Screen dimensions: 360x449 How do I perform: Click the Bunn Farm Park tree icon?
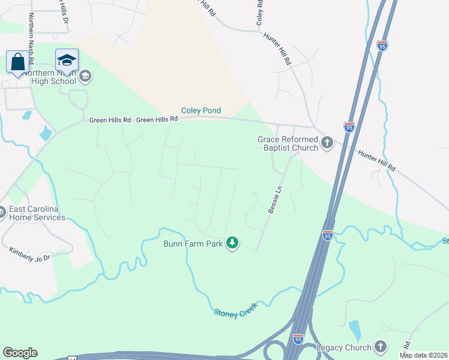232,243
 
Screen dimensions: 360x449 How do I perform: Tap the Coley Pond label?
202,110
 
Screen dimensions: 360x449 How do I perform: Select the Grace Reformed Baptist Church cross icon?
327,142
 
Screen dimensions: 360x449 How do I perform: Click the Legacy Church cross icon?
379,346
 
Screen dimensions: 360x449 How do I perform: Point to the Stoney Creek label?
236,310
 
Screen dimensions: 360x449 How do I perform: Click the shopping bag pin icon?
18,61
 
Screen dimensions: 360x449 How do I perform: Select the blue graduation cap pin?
67,59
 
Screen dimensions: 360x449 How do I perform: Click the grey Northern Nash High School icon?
85,76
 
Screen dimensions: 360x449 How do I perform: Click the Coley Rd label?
259,12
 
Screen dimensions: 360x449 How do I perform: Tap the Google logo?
20,353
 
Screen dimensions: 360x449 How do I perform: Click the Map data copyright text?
424,355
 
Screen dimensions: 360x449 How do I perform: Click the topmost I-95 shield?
382,45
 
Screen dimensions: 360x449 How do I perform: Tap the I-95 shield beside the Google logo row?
298,339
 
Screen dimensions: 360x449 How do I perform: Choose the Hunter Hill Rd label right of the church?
377,161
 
